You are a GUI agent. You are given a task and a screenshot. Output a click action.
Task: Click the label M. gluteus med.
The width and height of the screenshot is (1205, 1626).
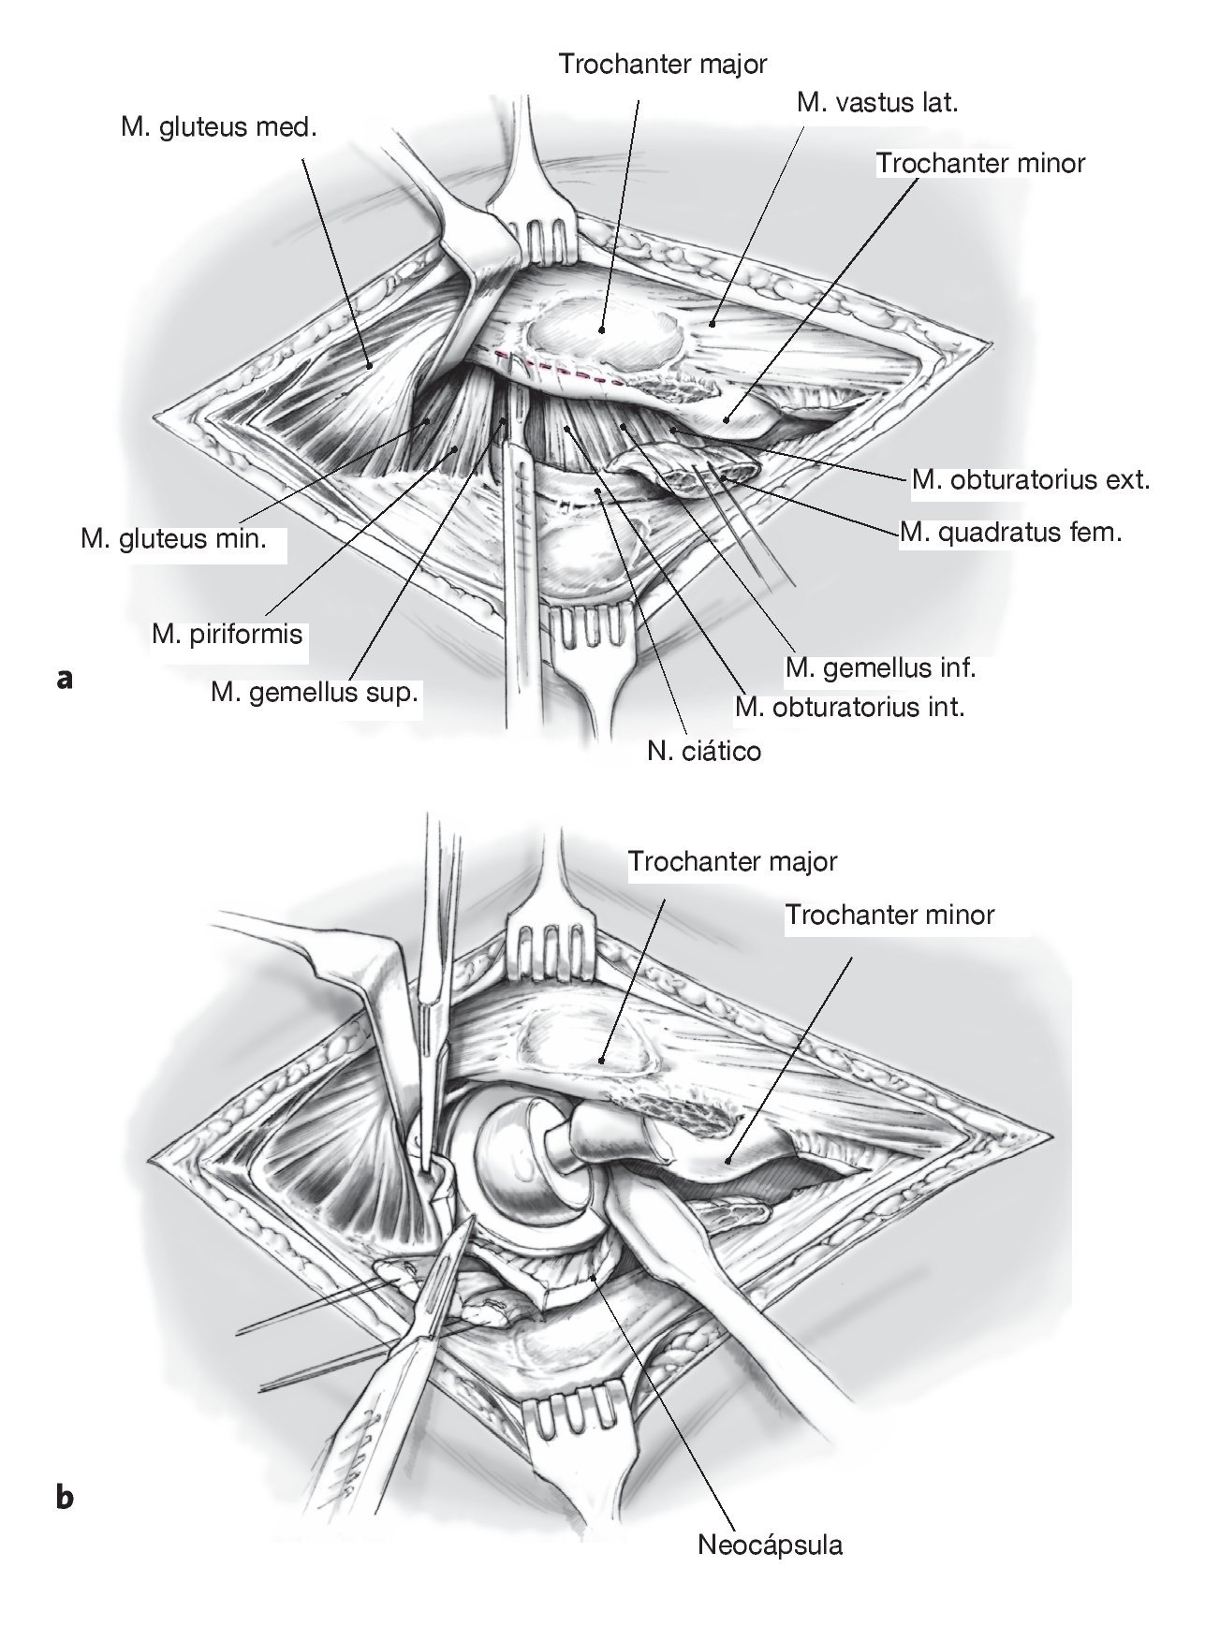pos(219,126)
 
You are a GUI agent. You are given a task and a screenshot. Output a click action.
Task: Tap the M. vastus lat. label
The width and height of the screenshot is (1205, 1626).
pos(877,103)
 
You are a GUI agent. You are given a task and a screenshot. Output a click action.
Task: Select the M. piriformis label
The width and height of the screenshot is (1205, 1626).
pos(228,635)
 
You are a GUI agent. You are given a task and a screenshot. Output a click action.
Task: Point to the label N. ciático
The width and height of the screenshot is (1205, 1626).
pos(703,750)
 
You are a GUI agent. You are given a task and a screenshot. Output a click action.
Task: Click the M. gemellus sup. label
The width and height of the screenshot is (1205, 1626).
pos(314,695)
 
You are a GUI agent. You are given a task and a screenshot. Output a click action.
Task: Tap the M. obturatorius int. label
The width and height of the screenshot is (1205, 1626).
pos(849,707)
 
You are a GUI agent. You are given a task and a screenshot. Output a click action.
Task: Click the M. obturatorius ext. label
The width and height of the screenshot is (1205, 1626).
pos(1030,481)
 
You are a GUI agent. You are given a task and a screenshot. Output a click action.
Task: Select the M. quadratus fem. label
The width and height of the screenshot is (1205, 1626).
pos(1010,534)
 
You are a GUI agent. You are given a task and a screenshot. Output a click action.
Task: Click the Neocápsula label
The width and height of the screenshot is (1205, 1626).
pos(770,1545)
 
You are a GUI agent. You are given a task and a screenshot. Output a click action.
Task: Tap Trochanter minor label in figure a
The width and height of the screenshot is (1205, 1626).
pos(980,163)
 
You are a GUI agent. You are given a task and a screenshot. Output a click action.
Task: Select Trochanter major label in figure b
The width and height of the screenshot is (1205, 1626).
pos(732,861)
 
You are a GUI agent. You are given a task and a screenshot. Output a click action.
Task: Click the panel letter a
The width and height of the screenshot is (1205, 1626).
pos(65,679)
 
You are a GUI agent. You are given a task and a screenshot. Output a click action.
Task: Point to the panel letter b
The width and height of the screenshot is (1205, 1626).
pos(65,1499)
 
